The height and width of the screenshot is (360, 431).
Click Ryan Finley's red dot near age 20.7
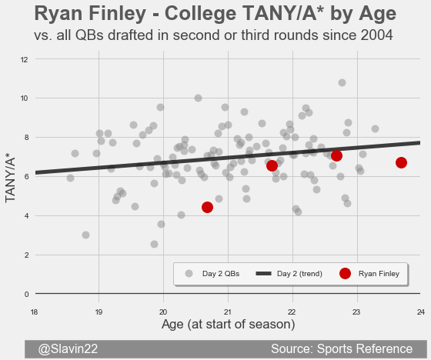pyautogui.click(x=207, y=207)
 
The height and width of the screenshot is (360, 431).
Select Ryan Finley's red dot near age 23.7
pyautogui.click(x=401, y=162)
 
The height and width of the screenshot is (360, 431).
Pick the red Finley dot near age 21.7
pyautogui.click(x=272, y=165)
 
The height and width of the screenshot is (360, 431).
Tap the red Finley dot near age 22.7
pyautogui.click(x=336, y=156)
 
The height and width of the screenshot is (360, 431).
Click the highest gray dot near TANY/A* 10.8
pyautogui.click(x=342, y=82)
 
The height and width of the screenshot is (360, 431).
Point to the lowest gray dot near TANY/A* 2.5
pyautogui.click(x=154, y=244)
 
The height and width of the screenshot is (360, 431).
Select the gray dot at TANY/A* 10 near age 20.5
pyautogui.click(x=198, y=98)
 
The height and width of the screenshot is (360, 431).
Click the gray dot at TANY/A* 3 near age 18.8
pyautogui.click(x=85, y=235)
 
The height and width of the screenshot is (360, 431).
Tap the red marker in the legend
pyautogui.click(x=345, y=273)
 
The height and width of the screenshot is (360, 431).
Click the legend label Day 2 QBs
pyautogui.click(x=221, y=274)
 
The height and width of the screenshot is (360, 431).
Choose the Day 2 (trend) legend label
pyautogui.click(x=299, y=274)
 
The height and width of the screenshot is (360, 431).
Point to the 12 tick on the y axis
pyautogui.click(x=24, y=60)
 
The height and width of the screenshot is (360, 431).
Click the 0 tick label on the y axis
pyautogui.click(x=26, y=295)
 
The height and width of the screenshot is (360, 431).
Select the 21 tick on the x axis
pyautogui.click(x=228, y=312)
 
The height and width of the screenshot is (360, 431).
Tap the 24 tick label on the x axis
pyautogui.click(x=421, y=312)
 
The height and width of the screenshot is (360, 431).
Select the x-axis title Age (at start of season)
pyautogui.click(x=228, y=325)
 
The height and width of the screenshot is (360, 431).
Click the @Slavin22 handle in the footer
pyautogui.click(x=68, y=348)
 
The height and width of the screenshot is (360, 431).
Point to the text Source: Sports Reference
pyautogui.click(x=342, y=348)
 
